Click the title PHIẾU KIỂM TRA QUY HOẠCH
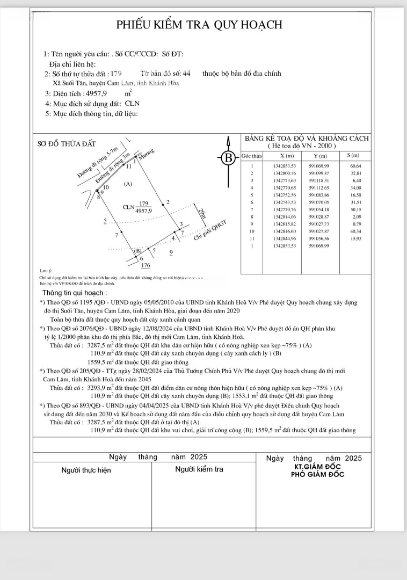[x=200, y=25]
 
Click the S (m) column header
[x=353, y=155]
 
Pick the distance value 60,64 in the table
[x=355, y=166]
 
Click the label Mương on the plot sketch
[x=147, y=154]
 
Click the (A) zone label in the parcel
[x=128, y=184]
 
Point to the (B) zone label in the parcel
[x=138, y=250]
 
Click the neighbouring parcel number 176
[x=145, y=265]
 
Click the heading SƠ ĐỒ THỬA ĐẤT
[x=67, y=143]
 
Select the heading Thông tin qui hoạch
[x=74, y=293]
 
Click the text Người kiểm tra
[x=199, y=469]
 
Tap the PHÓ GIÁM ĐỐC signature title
[x=317, y=474]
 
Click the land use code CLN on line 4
[x=132, y=104]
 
